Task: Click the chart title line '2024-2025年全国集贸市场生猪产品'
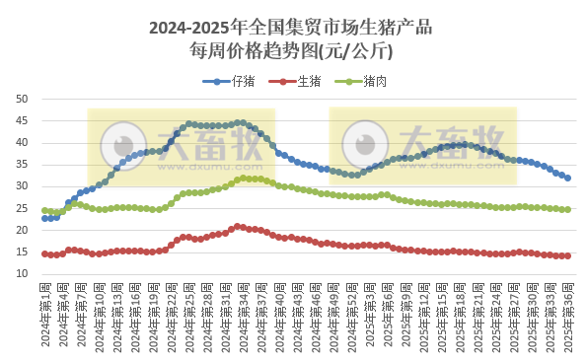click(293, 28)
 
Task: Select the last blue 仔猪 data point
click(568, 179)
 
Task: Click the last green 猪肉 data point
click(568, 209)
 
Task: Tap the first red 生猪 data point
click(44, 253)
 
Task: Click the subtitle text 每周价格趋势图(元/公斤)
click(293, 50)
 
